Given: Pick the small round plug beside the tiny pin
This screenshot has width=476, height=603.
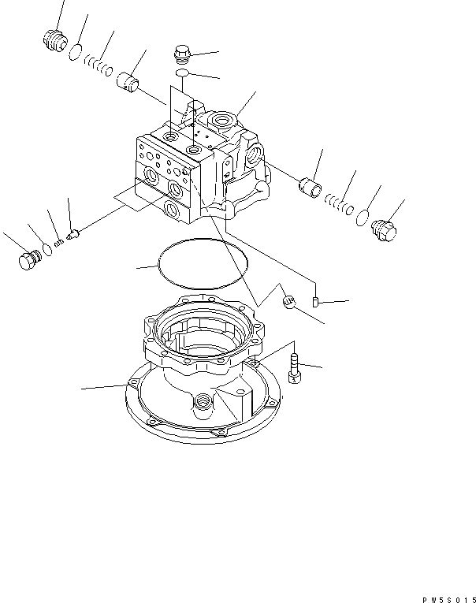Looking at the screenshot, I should tap(288, 301).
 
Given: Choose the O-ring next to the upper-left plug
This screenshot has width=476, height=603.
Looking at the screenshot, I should tap(75, 53).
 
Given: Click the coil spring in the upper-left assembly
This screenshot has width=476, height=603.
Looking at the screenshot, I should tap(98, 65).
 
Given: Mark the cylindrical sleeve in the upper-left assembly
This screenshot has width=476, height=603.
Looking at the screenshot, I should tap(128, 81).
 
